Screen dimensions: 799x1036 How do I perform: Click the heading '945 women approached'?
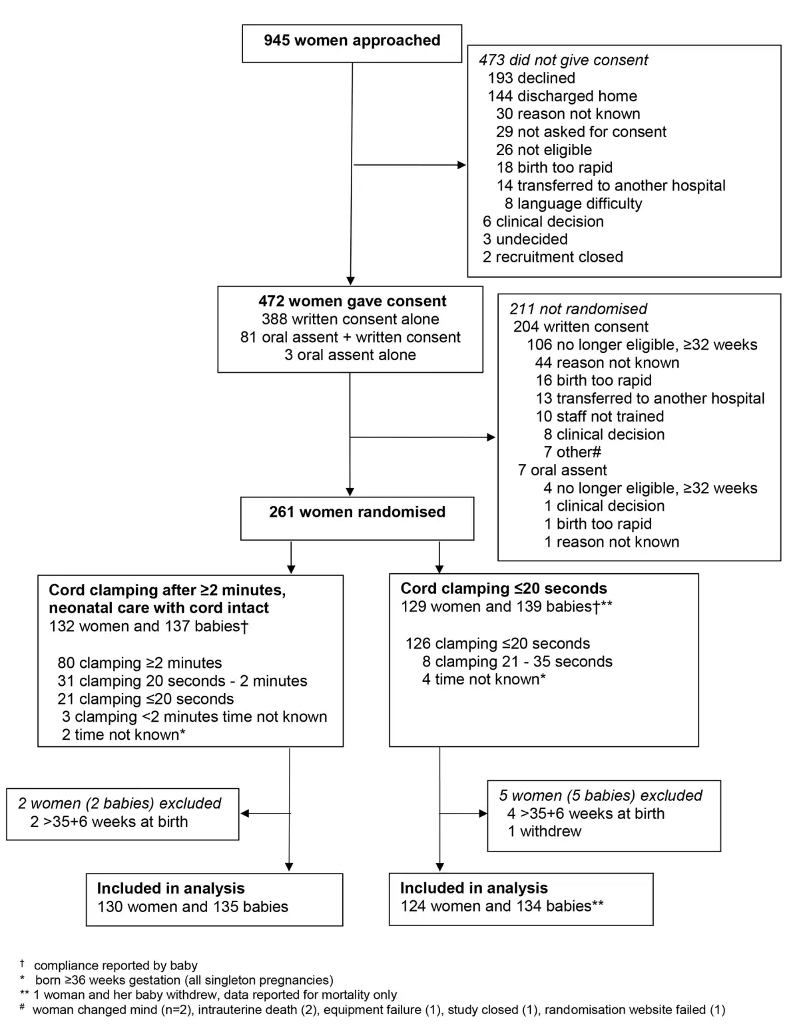coord(352,41)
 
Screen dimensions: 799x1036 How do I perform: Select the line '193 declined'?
coord(531,78)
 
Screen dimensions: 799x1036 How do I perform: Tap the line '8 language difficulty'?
coord(573,204)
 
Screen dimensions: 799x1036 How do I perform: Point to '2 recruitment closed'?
coord(553,257)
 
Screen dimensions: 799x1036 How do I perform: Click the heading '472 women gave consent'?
coord(352,302)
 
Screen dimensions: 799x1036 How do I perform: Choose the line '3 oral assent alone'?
coord(350,355)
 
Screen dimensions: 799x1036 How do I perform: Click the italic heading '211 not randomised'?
coord(578,309)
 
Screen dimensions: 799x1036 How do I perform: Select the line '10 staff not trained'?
coord(600,416)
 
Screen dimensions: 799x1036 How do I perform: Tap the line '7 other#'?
coord(572,452)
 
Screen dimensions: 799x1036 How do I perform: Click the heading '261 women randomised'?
coord(357,512)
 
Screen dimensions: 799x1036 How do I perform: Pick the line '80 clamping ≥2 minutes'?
coord(140,662)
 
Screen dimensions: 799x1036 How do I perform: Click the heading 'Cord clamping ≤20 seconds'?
coord(504,589)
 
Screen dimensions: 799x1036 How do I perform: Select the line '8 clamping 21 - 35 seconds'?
coord(517,661)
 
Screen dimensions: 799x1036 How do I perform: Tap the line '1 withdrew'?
coord(545,832)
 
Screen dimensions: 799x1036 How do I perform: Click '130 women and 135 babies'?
coord(192,906)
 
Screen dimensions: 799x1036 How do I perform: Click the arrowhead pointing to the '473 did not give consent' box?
coord(461,165)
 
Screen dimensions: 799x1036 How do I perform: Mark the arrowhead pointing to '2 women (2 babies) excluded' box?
coord(244,814)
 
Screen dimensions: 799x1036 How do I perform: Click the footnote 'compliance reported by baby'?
coord(115,965)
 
